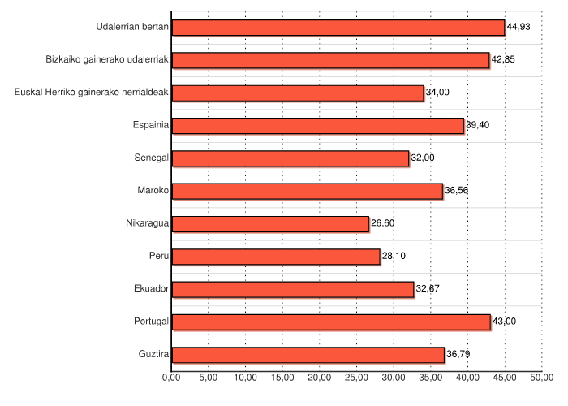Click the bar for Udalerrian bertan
pos(338,28)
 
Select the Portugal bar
pos(331,322)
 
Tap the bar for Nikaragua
pos(270,224)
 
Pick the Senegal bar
pos(290,158)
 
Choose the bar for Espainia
pos(318,126)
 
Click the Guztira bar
pos(308,355)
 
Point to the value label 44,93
pos(519,28)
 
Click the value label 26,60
pos(382,223)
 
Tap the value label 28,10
pos(394,256)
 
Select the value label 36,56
pos(457,191)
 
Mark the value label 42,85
pos(503,60)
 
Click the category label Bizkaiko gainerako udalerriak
pos(107,59)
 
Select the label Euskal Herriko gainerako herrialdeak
pos(92,92)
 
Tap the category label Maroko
pos(153,190)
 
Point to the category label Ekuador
pos(151,288)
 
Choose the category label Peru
pos(159,256)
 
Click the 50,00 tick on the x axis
pos(541,378)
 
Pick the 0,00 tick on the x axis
pos(171,378)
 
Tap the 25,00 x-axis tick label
pos(356,378)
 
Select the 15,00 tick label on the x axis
pos(282,378)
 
